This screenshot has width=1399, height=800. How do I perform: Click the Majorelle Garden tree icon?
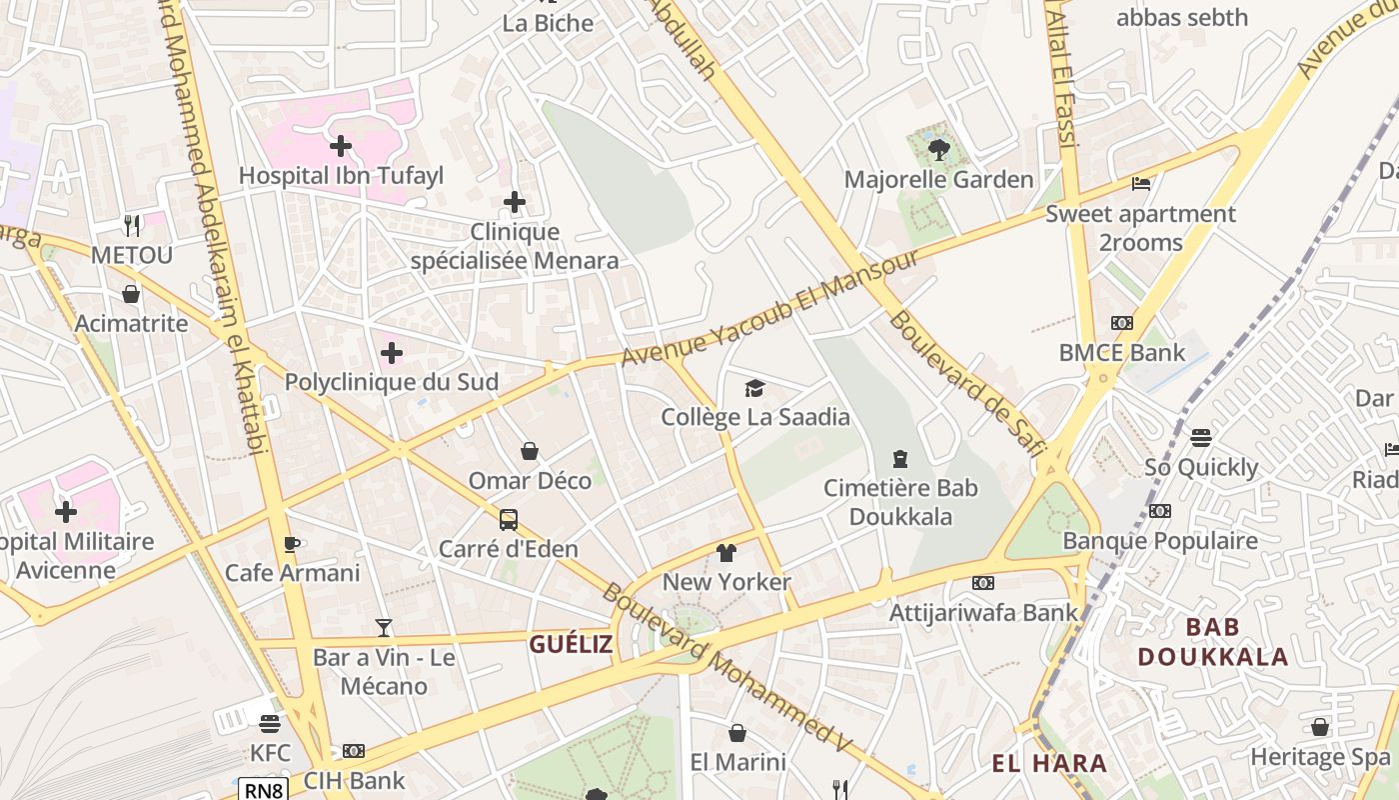pyautogui.click(x=938, y=150)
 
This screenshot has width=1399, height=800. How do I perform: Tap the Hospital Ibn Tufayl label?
pyautogui.click(x=341, y=176)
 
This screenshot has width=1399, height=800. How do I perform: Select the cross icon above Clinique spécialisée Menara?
pyautogui.click(x=515, y=203)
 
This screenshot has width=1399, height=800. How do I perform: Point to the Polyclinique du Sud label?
pyautogui.click(x=392, y=382)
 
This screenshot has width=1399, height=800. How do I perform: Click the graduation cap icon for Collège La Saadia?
pyautogui.click(x=754, y=388)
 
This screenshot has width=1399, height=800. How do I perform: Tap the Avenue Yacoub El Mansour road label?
pyautogui.click(x=769, y=308)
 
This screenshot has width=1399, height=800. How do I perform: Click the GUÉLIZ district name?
pyautogui.click(x=571, y=644)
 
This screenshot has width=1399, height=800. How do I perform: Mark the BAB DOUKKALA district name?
pyautogui.click(x=1212, y=642)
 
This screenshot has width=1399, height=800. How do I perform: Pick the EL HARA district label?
pyautogui.click(x=1049, y=764)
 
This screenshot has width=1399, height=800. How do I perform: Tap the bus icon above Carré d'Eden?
pyautogui.click(x=509, y=520)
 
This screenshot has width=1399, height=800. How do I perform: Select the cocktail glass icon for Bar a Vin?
pyautogui.click(x=384, y=628)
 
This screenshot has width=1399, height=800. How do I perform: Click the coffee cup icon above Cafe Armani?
pyautogui.click(x=292, y=544)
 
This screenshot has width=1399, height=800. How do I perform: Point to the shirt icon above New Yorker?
pyautogui.click(x=726, y=553)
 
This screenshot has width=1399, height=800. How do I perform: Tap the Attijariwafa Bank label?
pyautogui.click(x=984, y=612)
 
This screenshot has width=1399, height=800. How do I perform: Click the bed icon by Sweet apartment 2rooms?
pyautogui.click(x=1141, y=184)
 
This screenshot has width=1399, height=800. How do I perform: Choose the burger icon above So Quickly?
pyautogui.click(x=1201, y=438)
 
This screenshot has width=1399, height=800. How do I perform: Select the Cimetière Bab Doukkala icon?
pyautogui.click(x=900, y=459)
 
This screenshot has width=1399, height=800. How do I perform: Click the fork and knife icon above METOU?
pyautogui.click(x=132, y=225)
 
